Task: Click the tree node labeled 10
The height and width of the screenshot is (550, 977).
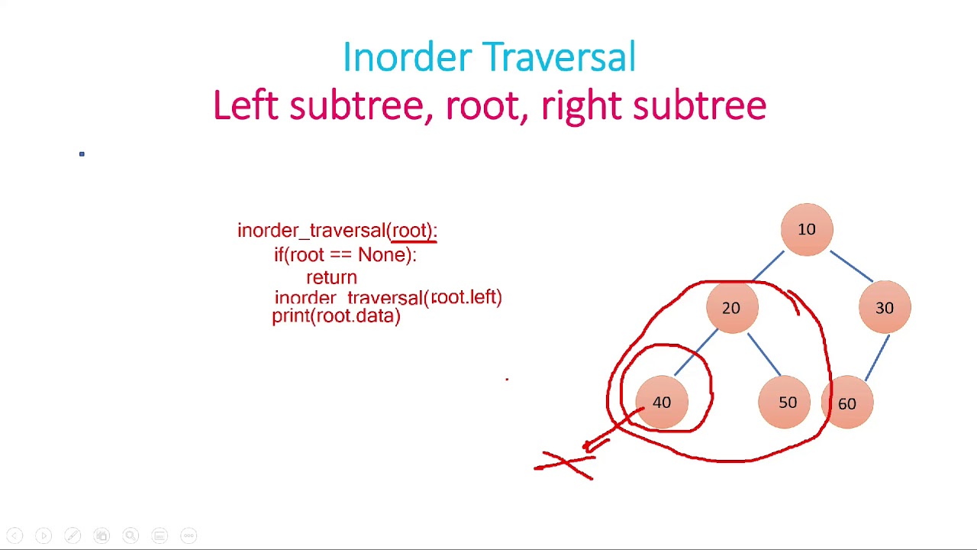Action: tap(807, 229)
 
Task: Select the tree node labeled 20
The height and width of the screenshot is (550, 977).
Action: tap(731, 308)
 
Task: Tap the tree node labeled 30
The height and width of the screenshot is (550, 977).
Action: tap(884, 308)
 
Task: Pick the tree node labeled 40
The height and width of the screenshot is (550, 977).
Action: tap(662, 403)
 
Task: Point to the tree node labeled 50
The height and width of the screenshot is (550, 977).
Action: tap(787, 403)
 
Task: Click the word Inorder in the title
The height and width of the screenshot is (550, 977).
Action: tap(408, 58)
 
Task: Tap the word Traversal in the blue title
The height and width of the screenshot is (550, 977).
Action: tap(559, 58)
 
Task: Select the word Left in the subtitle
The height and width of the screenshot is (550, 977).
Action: tap(245, 105)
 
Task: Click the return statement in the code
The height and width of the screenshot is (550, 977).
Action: tap(331, 277)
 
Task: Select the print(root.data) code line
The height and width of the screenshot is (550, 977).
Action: tap(336, 316)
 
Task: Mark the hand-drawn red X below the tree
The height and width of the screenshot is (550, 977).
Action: tap(565, 464)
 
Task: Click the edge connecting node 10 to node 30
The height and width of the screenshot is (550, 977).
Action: tap(852, 267)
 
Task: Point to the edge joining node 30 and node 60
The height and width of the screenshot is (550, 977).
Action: tap(877, 357)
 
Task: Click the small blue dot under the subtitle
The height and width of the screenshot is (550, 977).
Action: tap(82, 154)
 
